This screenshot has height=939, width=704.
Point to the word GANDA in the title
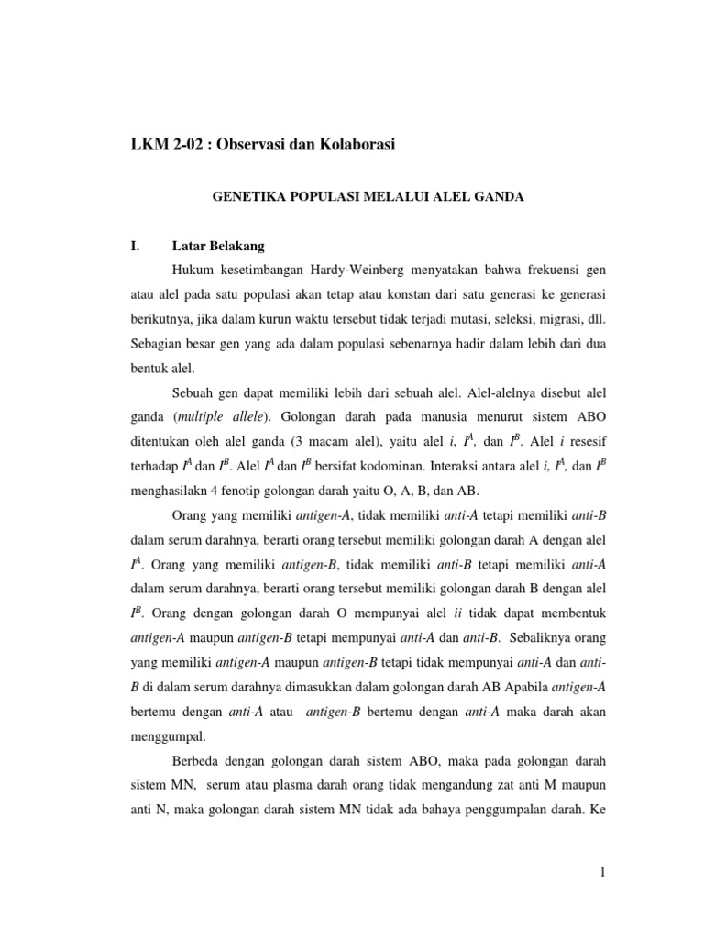click(x=496, y=196)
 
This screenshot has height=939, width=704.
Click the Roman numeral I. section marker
click(x=139, y=246)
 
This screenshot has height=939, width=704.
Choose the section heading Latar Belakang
click(x=218, y=246)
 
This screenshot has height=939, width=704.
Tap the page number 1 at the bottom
click(x=602, y=872)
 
